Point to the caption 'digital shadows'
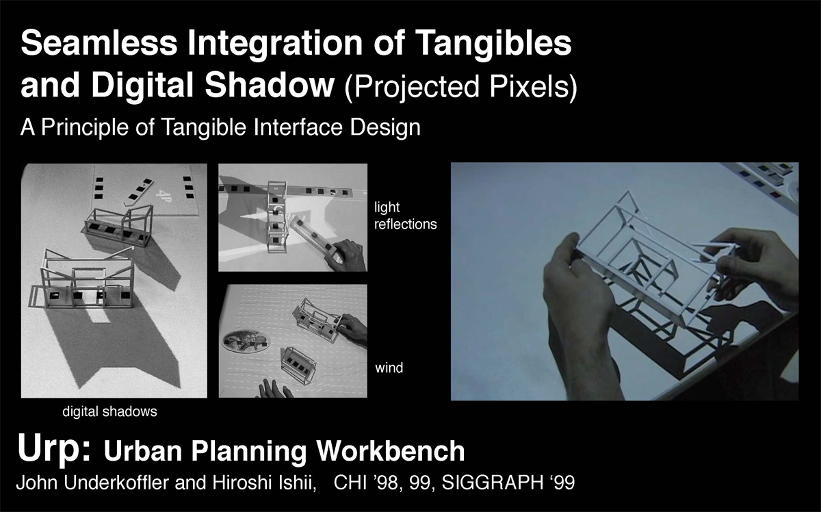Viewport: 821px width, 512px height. pos(110,412)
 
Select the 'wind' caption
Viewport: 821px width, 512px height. pos(389,368)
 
